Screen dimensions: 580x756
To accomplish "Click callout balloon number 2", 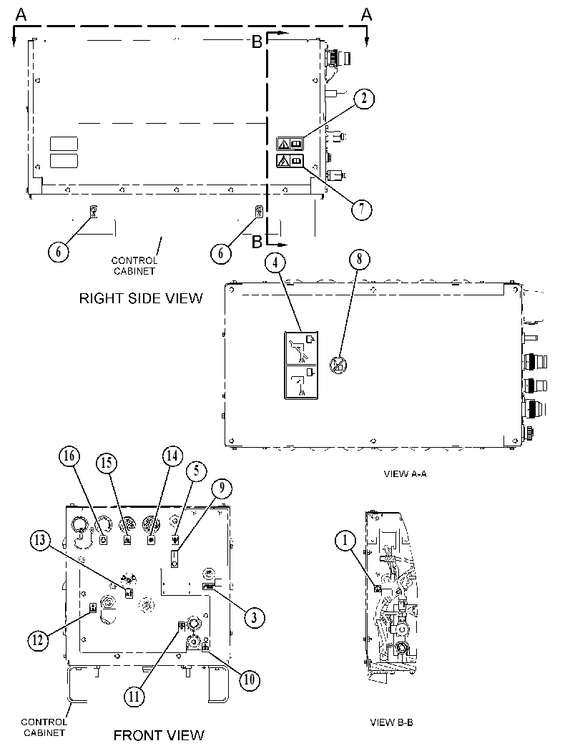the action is pyautogui.click(x=364, y=99).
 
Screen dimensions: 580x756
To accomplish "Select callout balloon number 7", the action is pyautogui.click(x=361, y=210).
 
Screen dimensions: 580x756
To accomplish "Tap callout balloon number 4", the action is pyautogui.click(x=275, y=262).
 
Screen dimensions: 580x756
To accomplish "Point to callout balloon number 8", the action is pyautogui.click(x=359, y=260).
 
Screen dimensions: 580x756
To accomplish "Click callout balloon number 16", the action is pyautogui.click(x=69, y=456).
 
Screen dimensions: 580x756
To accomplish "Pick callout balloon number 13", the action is pyautogui.click(x=41, y=541).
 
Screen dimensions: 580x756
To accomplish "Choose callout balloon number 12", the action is pyautogui.click(x=38, y=640).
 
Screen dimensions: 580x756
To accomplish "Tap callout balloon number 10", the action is pyautogui.click(x=250, y=679).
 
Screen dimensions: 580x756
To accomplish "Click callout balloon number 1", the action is pyautogui.click(x=345, y=541).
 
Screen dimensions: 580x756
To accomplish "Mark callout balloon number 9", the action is pyautogui.click(x=221, y=488).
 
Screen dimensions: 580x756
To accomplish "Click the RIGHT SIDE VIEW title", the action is pyautogui.click(x=141, y=298).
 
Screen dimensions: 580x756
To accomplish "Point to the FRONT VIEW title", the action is pyautogui.click(x=159, y=735).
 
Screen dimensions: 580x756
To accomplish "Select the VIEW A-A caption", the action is pyautogui.click(x=405, y=474).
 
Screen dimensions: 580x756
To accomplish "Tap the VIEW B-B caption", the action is pyautogui.click(x=391, y=722).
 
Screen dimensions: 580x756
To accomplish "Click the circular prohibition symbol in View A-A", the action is pyautogui.click(x=338, y=365).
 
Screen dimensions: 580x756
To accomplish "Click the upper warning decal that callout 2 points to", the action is pyautogui.click(x=290, y=143).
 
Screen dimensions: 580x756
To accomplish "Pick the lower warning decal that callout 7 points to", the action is pyautogui.click(x=290, y=160).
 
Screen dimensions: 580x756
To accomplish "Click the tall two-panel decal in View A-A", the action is pyautogui.click(x=301, y=365).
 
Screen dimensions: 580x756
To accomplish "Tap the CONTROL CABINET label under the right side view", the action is pyautogui.click(x=134, y=265).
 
